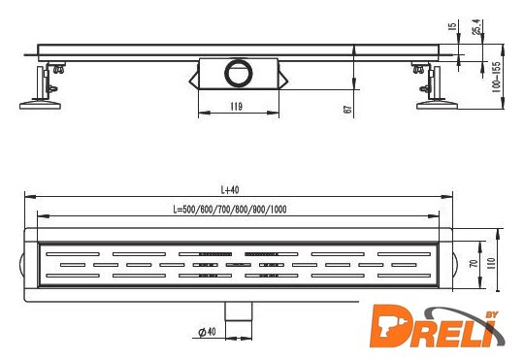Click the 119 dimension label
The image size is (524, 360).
click(236, 107)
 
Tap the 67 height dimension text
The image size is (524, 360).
click(347, 110)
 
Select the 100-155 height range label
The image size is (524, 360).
click(496, 77)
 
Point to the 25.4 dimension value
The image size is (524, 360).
click(476, 27)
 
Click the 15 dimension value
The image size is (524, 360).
click(451, 27)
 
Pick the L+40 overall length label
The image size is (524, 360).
click(230, 190)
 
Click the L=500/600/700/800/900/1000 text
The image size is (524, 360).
click(230, 210)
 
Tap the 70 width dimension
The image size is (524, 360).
click(474, 263)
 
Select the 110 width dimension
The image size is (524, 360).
click(492, 264)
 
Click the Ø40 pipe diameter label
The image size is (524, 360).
click(208, 332)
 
